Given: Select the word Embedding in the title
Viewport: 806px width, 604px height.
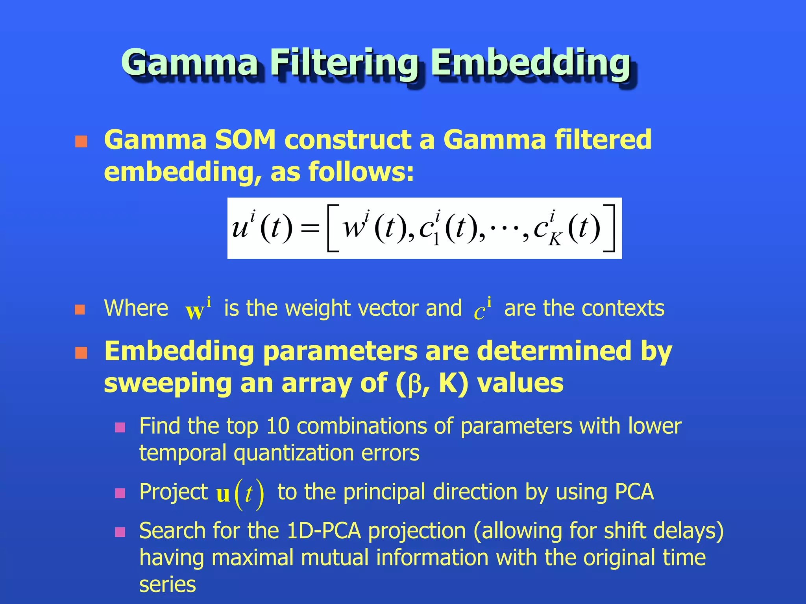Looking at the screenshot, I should point(531,63).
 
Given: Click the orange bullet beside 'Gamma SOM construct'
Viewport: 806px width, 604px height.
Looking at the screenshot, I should point(81,141).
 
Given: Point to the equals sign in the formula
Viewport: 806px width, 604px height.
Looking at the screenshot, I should point(309,228).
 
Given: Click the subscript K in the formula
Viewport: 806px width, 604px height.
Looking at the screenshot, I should point(555,239).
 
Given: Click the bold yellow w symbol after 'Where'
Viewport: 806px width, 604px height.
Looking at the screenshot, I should point(194,311).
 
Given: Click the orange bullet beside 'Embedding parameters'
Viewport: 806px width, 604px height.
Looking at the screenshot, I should point(81,353).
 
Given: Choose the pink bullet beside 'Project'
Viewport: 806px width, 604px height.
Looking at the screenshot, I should point(120,493).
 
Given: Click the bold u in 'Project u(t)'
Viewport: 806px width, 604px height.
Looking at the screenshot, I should point(223,494).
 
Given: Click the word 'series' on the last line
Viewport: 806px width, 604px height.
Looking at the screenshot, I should point(167,585).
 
